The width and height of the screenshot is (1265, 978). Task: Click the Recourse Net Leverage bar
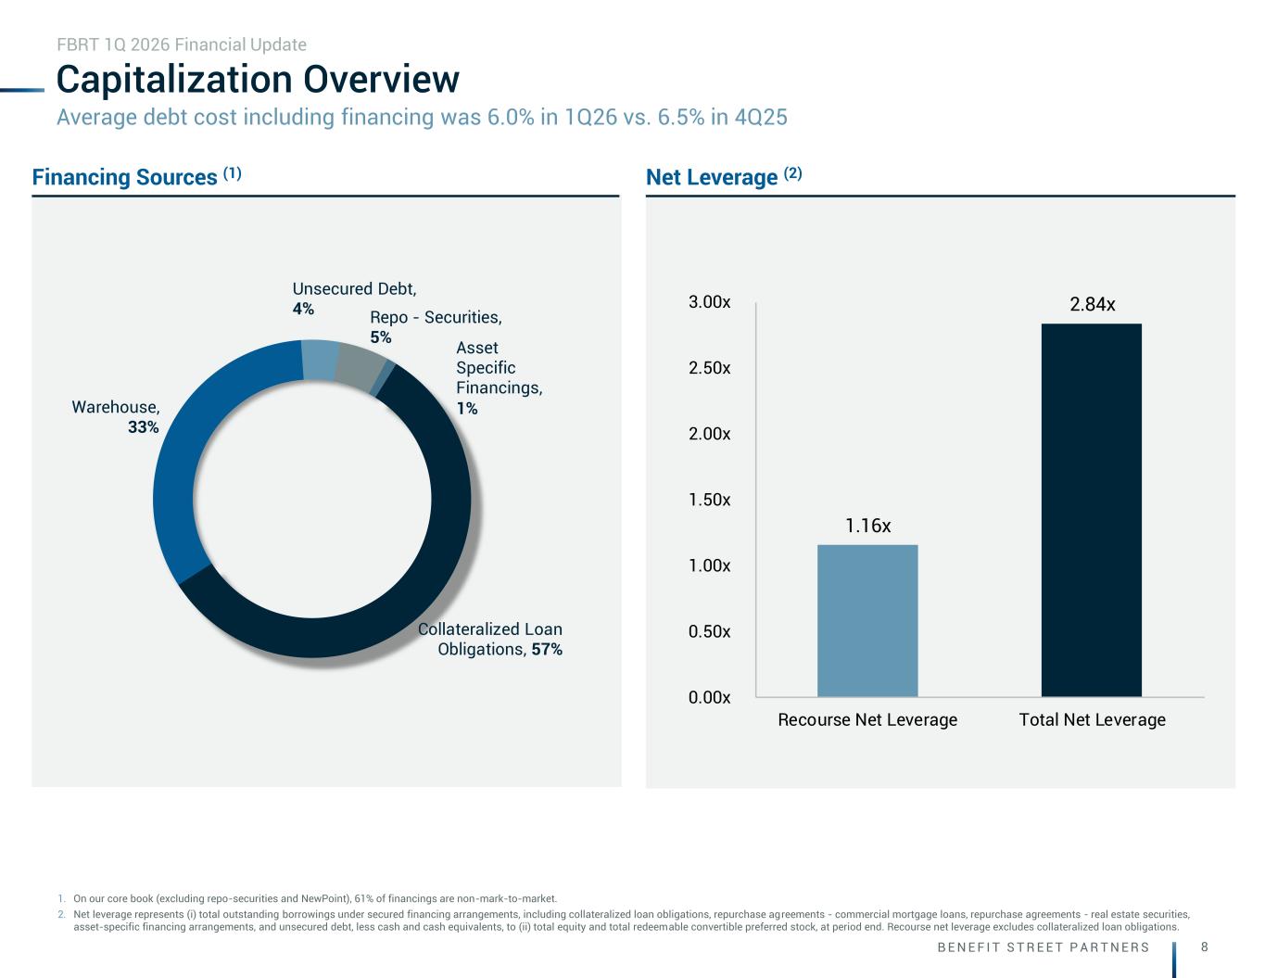click(867, 620)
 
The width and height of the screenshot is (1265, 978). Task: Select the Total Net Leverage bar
click(1092, 510)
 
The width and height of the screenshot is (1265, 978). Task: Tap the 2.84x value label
click(1092, 304)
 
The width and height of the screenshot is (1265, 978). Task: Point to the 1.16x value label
click(868, 526)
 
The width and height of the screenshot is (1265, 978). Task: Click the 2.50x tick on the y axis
click(709, 368)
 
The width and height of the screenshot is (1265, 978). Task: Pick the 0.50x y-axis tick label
click(709, 631)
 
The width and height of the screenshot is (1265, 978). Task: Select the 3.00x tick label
click(709, 302)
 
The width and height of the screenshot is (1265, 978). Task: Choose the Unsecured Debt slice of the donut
click(320, 360)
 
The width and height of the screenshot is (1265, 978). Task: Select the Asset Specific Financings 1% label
click(499, 378)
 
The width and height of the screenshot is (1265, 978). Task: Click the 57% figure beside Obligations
click(547, 649)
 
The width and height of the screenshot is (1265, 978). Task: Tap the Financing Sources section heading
click(137, 176)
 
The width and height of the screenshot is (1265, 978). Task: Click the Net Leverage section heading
click(724, 176)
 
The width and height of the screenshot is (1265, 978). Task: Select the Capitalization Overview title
click(258, 79)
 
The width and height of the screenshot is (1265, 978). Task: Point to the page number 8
click(1205, 947)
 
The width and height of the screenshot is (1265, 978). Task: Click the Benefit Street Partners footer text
click(1044, 947)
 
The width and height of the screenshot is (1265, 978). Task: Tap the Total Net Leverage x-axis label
click(1092, 720)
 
